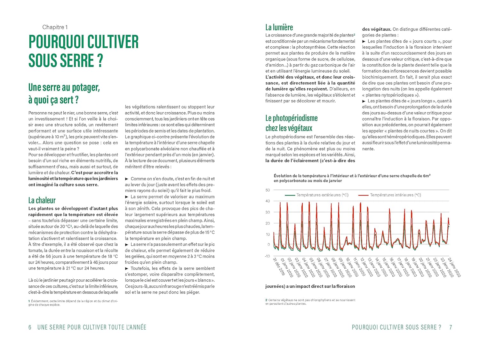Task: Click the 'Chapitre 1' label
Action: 55,27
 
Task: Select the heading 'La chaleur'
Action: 42,200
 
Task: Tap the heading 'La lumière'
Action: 279,27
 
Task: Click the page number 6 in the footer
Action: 30,327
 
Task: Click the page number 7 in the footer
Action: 451,327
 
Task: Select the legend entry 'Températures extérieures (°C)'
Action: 322,195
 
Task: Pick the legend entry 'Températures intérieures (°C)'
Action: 395,195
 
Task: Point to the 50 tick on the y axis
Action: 268,190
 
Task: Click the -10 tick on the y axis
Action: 267,256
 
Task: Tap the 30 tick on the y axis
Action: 268,212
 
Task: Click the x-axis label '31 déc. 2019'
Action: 279,267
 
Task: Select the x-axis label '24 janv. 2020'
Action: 454,267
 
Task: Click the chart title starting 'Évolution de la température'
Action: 352,176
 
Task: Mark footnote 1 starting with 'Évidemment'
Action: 73,303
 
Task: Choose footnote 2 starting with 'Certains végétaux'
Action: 310,302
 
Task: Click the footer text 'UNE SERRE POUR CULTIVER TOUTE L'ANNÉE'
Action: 92,327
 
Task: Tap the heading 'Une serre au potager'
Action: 64,87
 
